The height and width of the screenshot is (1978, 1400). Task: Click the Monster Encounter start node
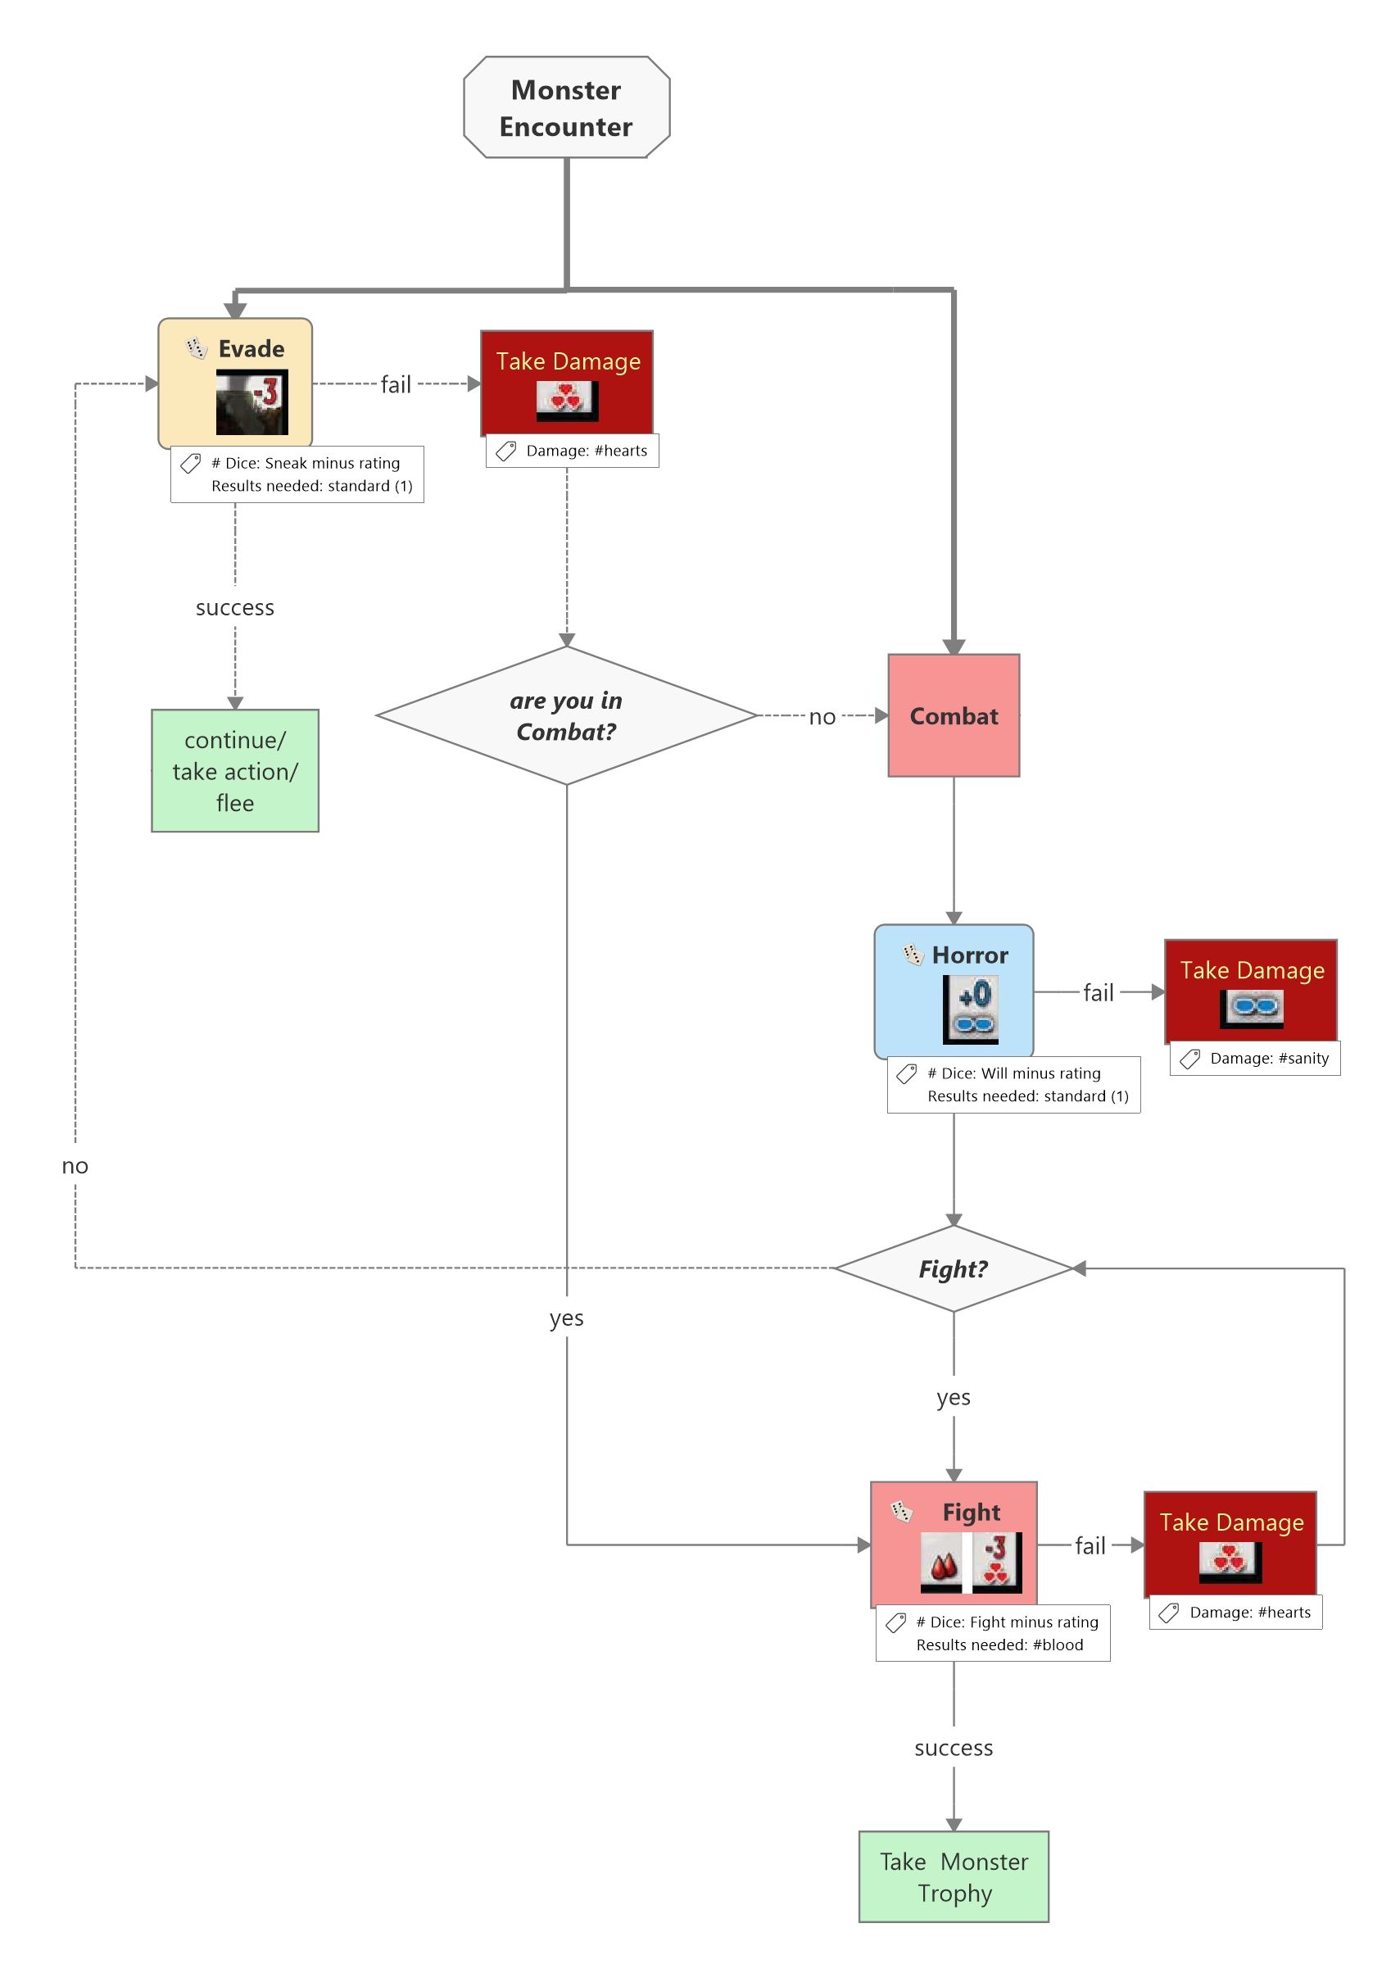(566, 108)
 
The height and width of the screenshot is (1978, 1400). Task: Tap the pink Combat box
(954, 715)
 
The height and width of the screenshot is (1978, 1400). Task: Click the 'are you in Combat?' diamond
(565, 715)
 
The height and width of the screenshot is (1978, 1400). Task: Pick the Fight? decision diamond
(953, 1269)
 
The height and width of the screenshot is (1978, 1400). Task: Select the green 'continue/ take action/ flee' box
(234, 771)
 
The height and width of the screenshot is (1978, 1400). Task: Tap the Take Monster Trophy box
(954, 1877)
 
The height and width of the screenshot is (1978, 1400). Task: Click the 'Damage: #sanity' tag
(1255, 1058)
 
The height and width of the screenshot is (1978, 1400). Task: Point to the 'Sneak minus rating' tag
(297, 474)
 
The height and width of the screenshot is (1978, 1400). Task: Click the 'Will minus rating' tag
(1014, 1085)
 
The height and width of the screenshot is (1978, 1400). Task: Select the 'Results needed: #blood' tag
(993, 1633)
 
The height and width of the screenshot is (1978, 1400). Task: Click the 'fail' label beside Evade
(396, 384)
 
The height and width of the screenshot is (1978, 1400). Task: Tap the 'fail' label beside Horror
(1099, 992)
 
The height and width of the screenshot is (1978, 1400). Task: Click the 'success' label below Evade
(234, 608)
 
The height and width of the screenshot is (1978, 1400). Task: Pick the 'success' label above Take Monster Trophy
(954, 1748)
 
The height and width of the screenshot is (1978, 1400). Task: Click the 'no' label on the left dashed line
(75, 1166)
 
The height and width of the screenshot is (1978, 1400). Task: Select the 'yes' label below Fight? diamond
(954, 1397)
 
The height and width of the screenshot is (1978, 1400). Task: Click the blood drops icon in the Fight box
(941, 1561)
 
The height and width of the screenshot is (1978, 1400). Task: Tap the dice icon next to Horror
(913, 955)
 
